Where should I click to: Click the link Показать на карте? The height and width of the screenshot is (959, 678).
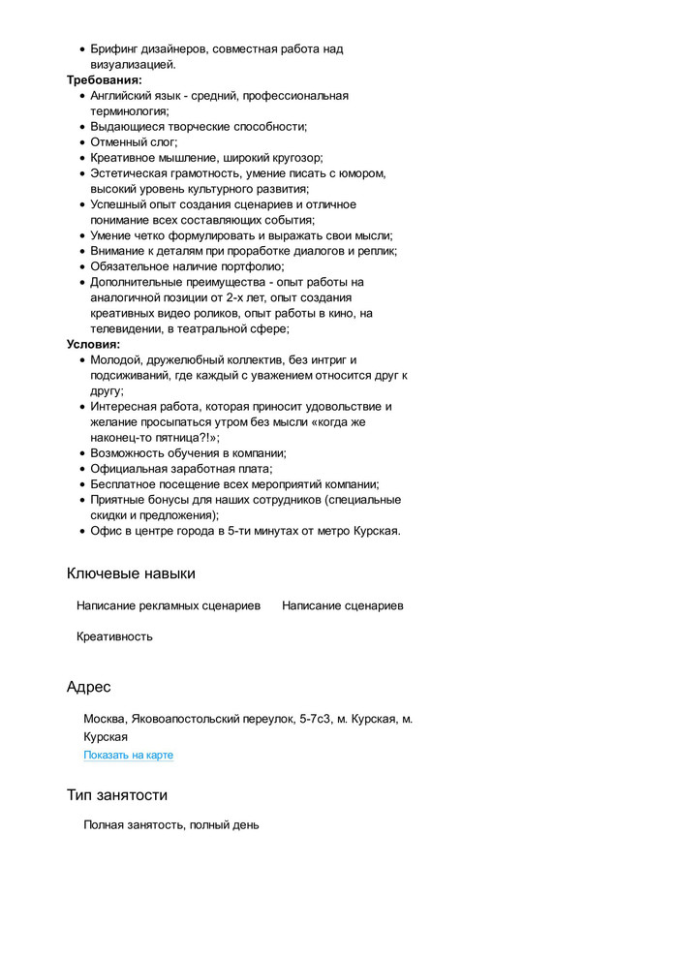point(128,756)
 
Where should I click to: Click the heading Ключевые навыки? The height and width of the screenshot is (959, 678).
point(131,573)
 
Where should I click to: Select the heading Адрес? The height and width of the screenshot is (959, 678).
point(88,687)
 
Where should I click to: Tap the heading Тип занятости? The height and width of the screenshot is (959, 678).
point(116,795)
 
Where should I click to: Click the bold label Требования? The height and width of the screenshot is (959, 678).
point(104,80)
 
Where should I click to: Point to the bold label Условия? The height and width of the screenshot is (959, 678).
point(93,344)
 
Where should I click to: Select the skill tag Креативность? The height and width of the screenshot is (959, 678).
point(114,636)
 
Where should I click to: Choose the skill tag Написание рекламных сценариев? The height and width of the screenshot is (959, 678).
point(168,605)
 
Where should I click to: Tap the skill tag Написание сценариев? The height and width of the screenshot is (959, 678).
point(342,605)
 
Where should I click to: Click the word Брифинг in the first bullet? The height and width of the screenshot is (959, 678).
point(118,48)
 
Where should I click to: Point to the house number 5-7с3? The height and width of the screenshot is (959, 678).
point(315,719)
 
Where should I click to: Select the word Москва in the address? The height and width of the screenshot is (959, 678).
point(105,719)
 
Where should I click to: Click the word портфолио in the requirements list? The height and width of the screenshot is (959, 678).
point(254,266)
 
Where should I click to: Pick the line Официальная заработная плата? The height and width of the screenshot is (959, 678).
point(181,469)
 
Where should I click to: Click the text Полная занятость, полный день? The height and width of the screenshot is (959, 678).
point(170,825)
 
